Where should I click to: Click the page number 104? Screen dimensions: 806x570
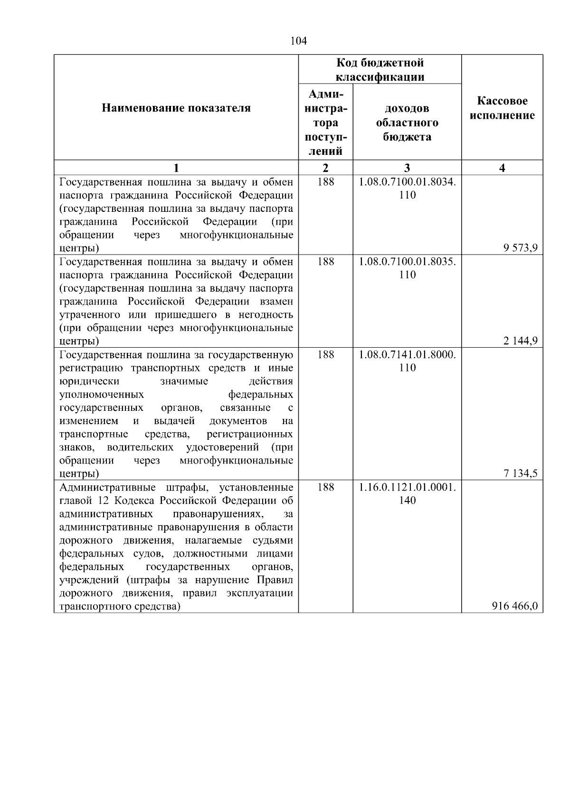tap(298, 41)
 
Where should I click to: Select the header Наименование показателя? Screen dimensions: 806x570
tap(176, 108)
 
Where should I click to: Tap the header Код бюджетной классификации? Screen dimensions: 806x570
tap(380, 70)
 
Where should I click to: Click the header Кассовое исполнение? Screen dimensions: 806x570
tap(502, 108)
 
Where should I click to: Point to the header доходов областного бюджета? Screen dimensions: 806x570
tap(407, 123)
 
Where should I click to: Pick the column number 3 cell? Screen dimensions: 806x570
tap(407, 168)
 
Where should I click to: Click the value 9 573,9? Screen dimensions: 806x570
tap(521, 247)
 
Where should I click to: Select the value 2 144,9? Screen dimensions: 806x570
tap(521, 341)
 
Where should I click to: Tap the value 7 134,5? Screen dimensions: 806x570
tap(521, 473)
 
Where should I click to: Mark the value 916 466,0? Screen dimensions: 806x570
tap(515, 606)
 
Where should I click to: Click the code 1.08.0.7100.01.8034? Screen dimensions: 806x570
tap(407, 182)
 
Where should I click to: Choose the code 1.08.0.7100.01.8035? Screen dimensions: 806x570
tap(407, 262)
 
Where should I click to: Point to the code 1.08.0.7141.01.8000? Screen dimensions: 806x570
tap(407, 355)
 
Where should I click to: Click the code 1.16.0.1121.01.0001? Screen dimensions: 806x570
tap(407, 487)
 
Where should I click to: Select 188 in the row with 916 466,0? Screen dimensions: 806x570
tap(325, 487)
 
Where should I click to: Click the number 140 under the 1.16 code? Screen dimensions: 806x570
tap(407, 500)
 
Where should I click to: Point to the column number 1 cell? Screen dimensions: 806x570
tap(176, 168)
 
